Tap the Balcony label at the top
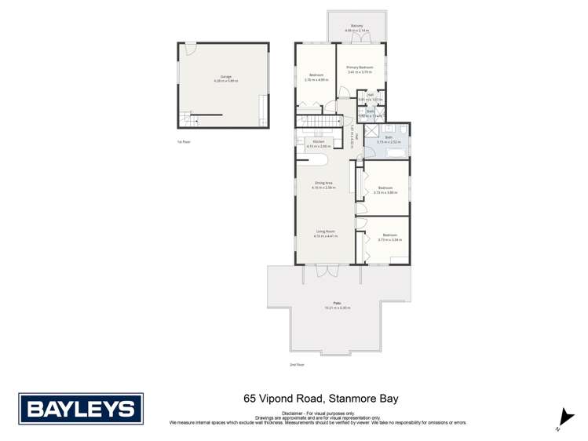coord(357,28)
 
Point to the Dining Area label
coord(323,184)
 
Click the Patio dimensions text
coord(338,308)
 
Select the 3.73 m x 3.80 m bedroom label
coord(385,189)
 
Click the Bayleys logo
coord(80,408)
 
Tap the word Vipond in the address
coord(276,399)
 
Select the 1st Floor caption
coord(184,141)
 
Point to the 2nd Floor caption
coord(296,364)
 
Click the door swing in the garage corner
coord(189,49)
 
